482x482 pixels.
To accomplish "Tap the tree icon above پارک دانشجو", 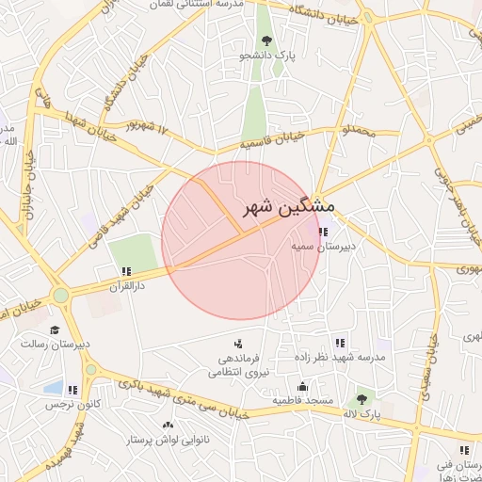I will pos(267,40).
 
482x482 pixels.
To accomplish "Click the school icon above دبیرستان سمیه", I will pos(323,232).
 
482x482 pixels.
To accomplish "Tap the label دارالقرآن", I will pos(126,285).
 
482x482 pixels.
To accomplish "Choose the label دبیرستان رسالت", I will pos(56,345).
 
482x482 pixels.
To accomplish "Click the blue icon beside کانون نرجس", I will pos(72,388).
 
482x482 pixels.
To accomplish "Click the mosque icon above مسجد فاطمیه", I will pos(301,385).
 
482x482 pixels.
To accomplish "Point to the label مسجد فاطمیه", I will pos(303,400).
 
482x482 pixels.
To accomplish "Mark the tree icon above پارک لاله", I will pos(361,398).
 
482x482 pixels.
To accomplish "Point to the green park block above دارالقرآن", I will pos(133,251).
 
